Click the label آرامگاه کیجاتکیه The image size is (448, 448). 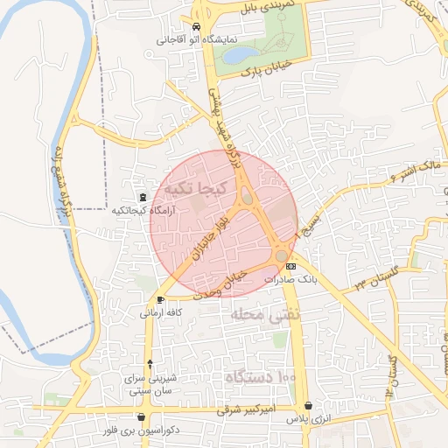(x=143, y=212)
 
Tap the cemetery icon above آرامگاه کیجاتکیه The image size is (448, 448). (x=143, y=198)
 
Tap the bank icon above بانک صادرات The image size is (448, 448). (x=291, y=266)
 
